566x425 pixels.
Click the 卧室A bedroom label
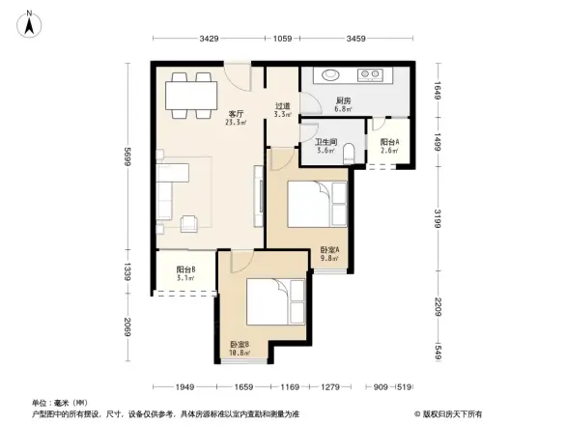click(x=329, y=254)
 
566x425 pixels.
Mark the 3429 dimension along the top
click(x=209, y=40)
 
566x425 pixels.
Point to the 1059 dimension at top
click(x=283, y=40)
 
